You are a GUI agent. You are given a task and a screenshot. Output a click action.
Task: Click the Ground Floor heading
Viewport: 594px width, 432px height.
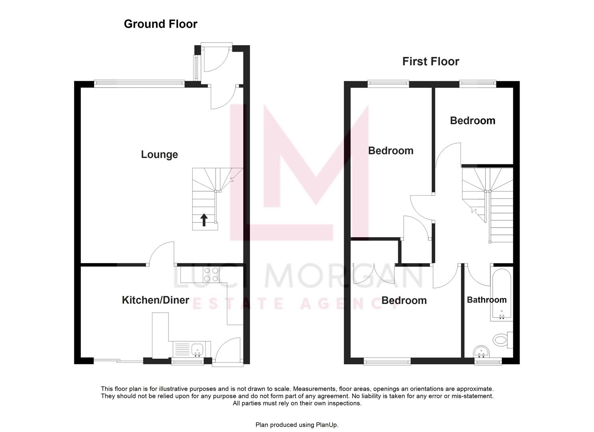pyautogui.click(x=160, y=24)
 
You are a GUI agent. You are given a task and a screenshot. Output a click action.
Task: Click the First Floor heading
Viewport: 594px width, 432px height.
pyautogui.click(x=430, y=62)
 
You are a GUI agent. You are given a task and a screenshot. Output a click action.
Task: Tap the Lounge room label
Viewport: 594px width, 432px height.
pyautogui.click(x=159, y=155)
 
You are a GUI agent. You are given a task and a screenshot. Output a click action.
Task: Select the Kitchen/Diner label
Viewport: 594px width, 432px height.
pyautogui.click(x=155, y=300)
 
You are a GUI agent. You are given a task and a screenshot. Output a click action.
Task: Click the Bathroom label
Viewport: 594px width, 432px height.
pyautogui.click(x=486, y=300)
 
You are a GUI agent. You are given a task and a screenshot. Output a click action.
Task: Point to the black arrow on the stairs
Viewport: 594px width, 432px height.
pyautogui.click(x=204, y=220)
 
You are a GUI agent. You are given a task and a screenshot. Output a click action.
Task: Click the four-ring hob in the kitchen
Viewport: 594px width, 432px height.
pyautogui.click(x=211, y=274)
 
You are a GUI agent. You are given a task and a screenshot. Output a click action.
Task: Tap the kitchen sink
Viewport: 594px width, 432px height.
pyautogui.click(x=197, y=349)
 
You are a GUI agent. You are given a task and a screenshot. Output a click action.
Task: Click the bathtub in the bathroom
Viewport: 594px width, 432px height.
pyautogui.click(x=501, y=295)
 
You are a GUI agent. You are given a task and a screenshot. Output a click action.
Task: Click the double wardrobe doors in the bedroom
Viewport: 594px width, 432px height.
pyautogui.click(x=374, y=274)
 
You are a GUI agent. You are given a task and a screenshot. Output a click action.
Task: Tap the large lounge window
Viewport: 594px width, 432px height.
pyautogui.click(x=139, y=83)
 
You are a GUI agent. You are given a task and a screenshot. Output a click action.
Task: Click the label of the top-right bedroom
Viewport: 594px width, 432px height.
pyautogui.click(x=472, y=121)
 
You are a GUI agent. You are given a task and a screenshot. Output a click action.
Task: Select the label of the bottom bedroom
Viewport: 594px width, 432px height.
pyautogui.click(x=404, y=300)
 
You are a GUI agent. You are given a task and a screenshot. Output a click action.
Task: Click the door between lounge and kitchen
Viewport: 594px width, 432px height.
pyautogui.click(x=162, y=254)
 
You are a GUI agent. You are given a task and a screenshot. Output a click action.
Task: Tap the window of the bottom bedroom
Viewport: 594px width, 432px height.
pyautogui.click(x=387, y=361)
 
